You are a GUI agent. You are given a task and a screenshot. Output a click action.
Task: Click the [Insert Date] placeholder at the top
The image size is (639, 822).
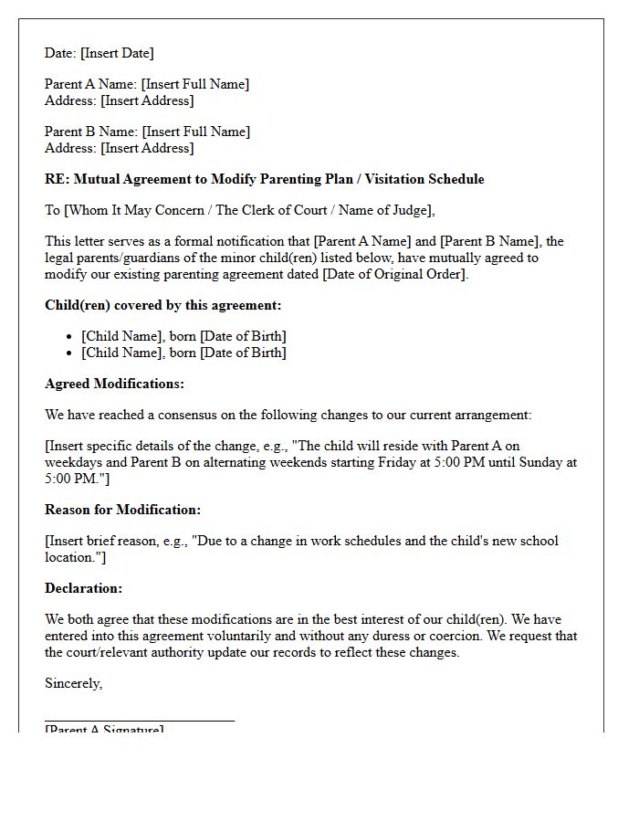point(117,53)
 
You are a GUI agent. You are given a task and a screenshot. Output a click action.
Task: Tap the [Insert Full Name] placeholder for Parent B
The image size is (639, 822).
point(195,132)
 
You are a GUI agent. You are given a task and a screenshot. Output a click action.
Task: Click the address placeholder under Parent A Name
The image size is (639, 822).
point(147,100)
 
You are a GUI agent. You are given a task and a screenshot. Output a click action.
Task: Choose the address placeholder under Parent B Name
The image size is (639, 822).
point(147,148)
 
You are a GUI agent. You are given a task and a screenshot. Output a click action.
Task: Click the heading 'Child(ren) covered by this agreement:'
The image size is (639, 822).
point(163,305)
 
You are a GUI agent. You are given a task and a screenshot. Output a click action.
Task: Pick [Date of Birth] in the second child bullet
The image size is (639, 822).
point(243,353)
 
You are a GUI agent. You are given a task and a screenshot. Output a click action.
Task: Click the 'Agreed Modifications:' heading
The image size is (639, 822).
point(114,384)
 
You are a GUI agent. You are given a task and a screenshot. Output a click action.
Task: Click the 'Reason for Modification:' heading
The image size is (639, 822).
point(122,510)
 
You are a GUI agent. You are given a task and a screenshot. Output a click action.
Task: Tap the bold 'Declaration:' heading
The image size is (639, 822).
point(83,588)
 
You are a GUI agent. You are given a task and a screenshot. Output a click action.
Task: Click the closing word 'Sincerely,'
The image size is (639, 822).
point(74,683)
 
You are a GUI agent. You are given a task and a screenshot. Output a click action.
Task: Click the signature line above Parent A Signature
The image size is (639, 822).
point(140,721)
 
